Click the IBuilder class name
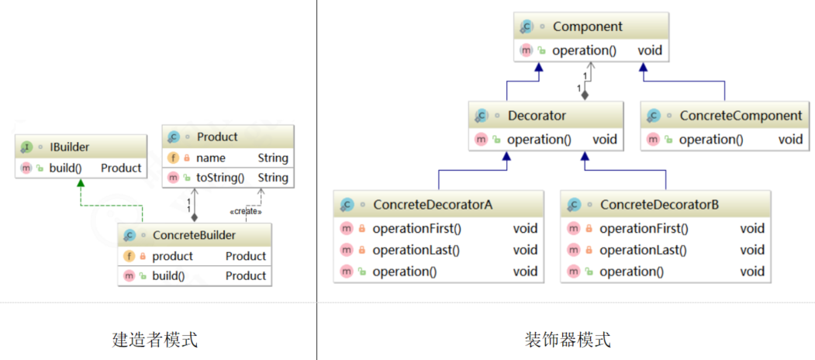click(x=69, y=147)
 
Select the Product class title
click(x=217, y=137)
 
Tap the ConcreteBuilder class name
click(x=194, y=235)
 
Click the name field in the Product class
click(x=211, y=157)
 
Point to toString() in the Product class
click(x=220, y=178)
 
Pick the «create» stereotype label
click(x=246, y=211)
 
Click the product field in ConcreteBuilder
click(x=172, y=256)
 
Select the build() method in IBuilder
click(x=66, y=168)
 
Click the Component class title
click(x=587, y=26)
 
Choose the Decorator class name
click(x=537, y=116)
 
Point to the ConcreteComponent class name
click(x=741, y=116)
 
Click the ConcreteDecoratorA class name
click(x=433, y=205)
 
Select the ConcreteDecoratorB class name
click(x=659, y=205)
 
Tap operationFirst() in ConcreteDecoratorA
click(x=416, y=228)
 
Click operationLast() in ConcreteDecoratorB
click(x=643, y=250)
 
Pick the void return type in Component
click(x=650, y=50)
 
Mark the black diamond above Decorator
click(x=585, y=94)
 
